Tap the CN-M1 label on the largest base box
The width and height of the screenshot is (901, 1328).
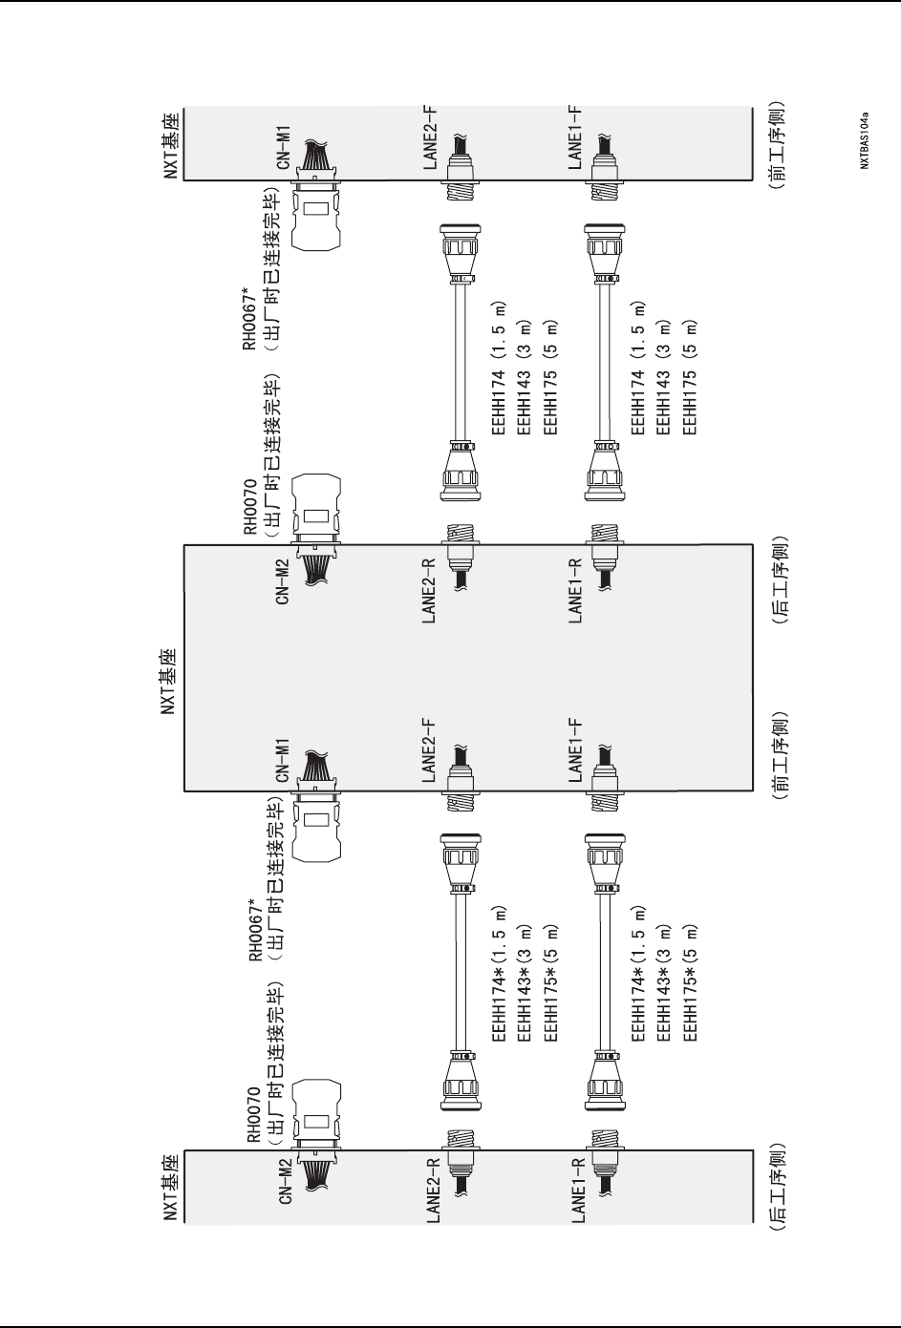284,761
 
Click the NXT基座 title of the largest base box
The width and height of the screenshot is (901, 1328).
170,679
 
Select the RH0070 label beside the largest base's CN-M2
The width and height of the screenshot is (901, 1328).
250,500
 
